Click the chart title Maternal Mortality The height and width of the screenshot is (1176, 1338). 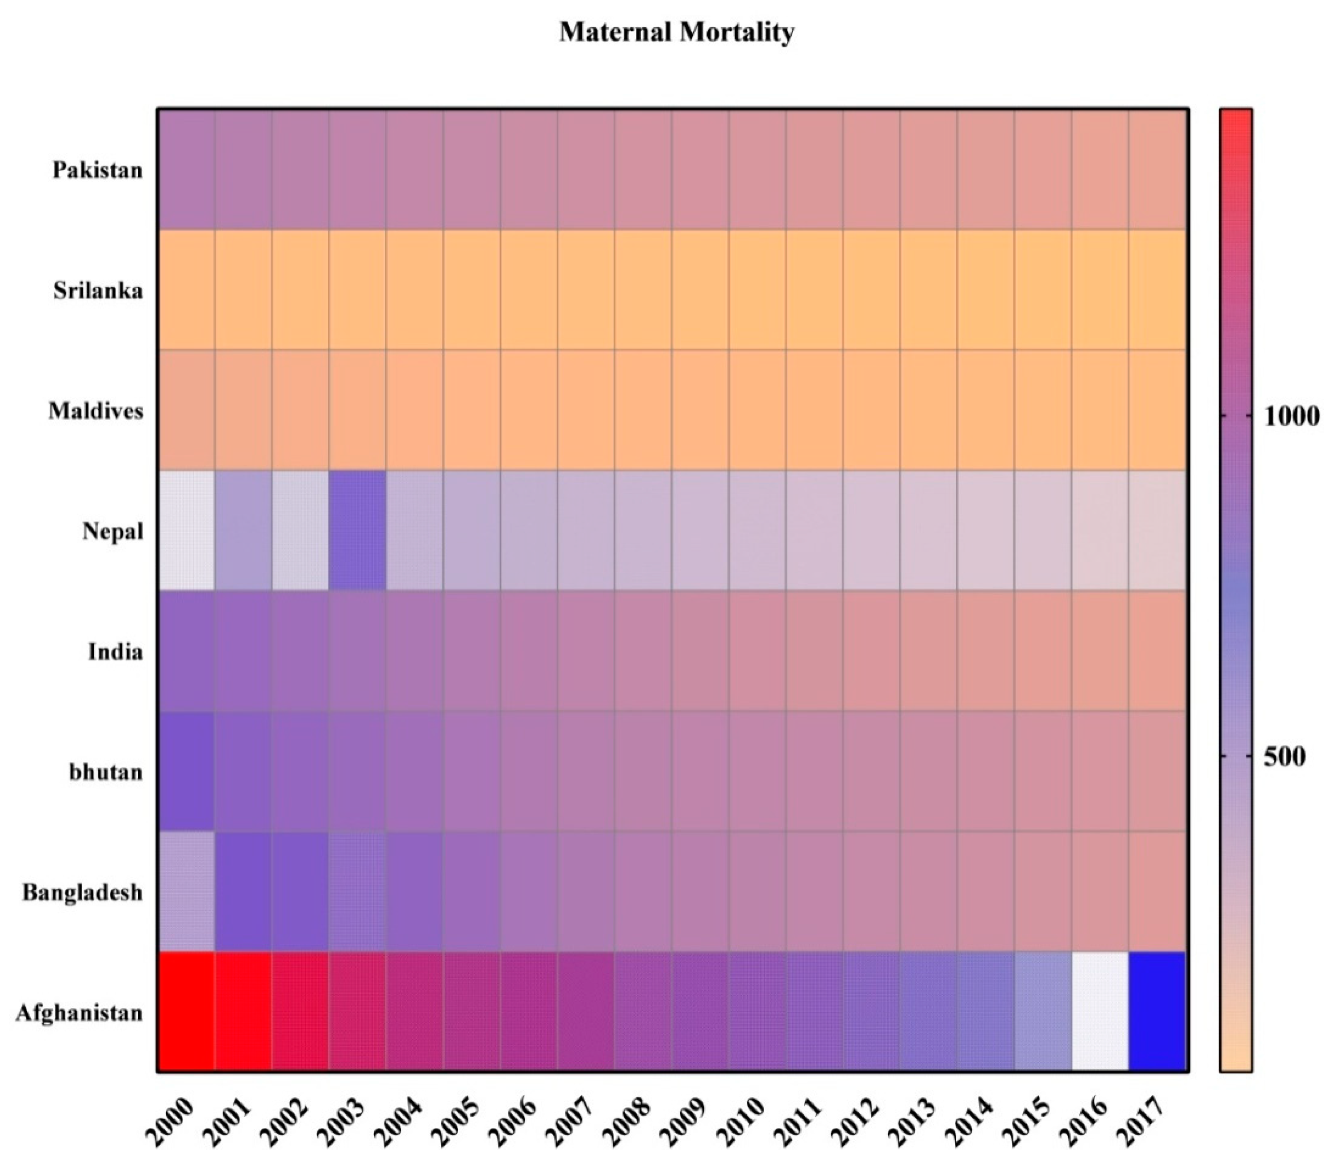676,31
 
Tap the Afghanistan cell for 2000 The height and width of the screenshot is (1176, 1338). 186,1012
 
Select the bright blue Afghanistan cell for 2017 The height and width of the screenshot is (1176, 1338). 1157,1012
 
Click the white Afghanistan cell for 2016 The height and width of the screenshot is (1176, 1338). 1100,1012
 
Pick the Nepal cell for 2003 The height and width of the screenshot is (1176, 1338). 357,530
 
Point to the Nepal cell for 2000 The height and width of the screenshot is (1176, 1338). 186,530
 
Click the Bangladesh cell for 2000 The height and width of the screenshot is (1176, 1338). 186,891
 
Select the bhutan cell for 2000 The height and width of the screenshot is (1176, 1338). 186,771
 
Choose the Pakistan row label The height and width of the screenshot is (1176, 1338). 97,170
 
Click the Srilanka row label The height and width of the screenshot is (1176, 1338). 98,290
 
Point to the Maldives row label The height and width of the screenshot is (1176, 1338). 96,410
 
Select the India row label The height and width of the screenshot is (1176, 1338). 115,652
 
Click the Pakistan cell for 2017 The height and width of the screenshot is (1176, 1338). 1157,169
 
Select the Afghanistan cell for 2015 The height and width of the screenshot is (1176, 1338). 1043,1012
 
